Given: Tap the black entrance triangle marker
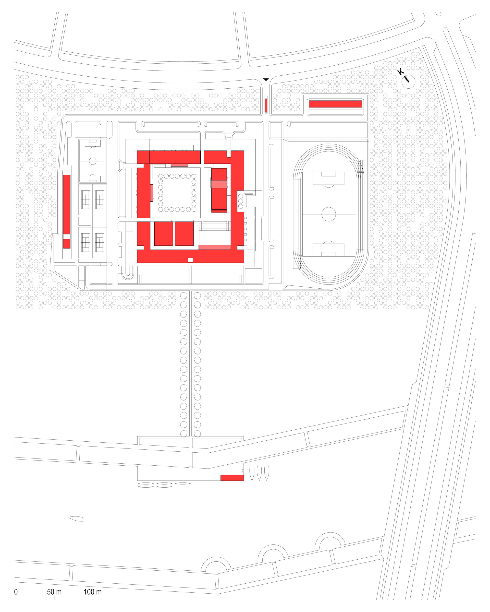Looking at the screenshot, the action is click(266, 80).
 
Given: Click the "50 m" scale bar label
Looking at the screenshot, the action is click(54, 592).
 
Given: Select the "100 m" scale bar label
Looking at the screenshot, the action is click(92, 592).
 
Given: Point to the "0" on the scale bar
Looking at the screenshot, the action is click(16, 592).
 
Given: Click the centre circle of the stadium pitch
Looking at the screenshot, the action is click(329, 214).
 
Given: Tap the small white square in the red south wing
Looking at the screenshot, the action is click(191, 260).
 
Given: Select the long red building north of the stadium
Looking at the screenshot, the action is click(335, 104).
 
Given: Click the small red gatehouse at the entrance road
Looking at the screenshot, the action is click(266, 106).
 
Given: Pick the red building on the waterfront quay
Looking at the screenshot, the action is click(232, 478).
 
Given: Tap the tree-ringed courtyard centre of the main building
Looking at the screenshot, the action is click(177, 193).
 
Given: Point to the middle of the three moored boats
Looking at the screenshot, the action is click(259, 473).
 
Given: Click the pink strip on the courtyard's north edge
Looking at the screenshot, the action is click(179, 165).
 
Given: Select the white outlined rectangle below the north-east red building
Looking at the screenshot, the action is click(335, 112).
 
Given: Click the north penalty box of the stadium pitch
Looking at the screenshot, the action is click(329, 178).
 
